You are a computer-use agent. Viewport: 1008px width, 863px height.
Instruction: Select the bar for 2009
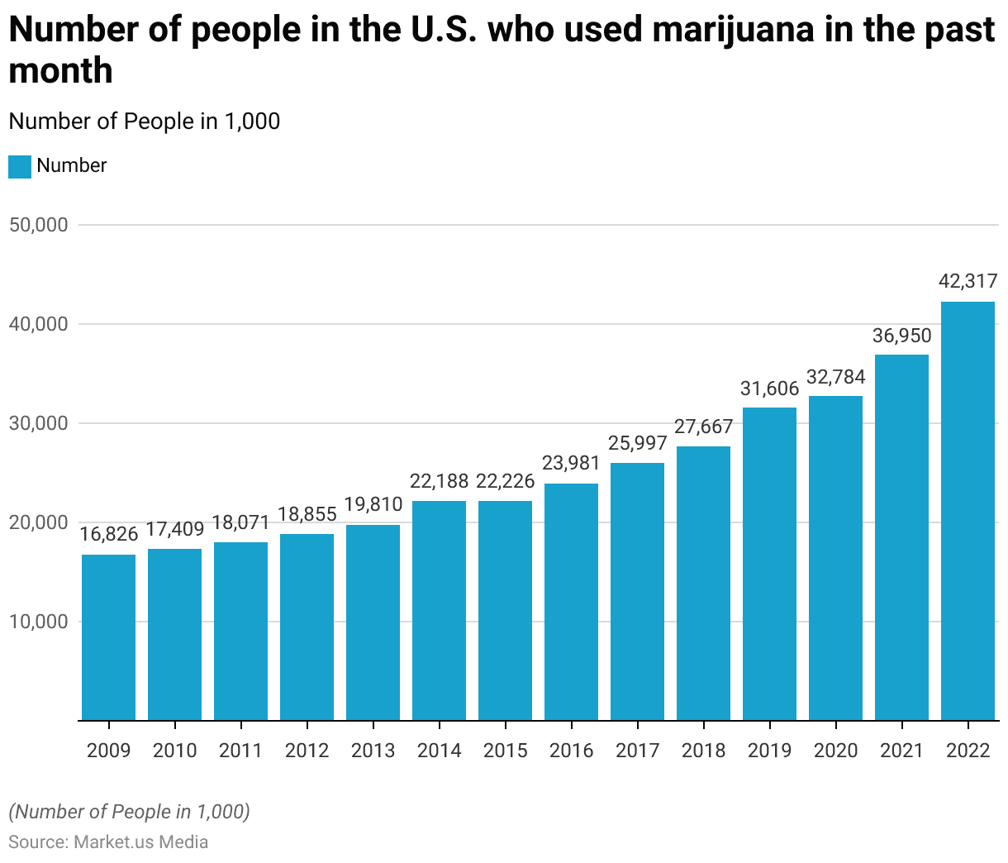point(108,637)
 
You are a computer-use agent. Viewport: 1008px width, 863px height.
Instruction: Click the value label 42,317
point(968,282)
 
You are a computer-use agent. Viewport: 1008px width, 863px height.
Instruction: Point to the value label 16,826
point(108,534)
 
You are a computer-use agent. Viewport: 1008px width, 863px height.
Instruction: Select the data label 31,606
point(769,388)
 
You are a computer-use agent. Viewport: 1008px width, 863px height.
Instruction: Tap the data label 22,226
point(505,481)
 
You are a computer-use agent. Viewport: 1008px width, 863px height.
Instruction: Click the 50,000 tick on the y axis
point(38,225)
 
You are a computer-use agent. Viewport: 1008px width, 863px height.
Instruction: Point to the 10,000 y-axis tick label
point(38,622)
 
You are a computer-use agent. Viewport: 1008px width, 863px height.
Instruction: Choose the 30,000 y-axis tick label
point(38,423)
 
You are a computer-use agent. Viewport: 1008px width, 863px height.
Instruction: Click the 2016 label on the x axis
point(571,751)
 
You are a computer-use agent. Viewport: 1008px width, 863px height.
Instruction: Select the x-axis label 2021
point(901,751)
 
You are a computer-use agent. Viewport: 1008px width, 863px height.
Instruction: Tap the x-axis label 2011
point(240,751)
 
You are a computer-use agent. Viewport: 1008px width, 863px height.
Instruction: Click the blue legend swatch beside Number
point(20,166)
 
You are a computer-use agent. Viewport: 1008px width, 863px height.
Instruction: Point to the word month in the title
point(60,71)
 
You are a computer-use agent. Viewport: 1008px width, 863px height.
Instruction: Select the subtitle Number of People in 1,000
point(145,122)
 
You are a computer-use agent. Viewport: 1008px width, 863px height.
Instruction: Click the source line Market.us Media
point(108,842)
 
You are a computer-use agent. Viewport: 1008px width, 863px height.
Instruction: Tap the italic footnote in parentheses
point(129,812)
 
